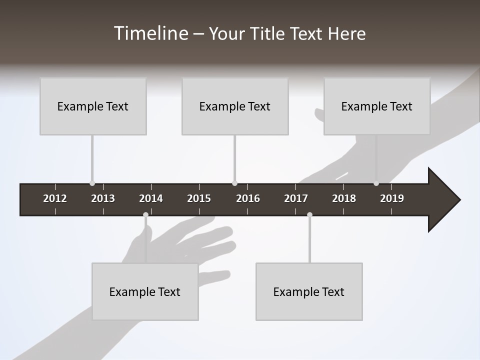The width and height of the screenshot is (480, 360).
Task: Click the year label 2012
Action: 55,198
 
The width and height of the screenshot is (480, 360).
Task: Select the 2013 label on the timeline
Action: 103,198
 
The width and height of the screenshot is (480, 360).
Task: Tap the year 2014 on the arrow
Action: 151,198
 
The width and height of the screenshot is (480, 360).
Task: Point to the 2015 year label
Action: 199,198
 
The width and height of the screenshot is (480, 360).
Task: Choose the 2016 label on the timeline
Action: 248,198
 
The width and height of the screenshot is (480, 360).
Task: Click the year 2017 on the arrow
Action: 296,198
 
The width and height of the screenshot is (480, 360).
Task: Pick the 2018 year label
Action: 344,198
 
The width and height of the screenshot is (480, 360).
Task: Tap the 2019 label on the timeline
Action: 392,198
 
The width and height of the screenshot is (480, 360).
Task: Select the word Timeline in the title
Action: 150,33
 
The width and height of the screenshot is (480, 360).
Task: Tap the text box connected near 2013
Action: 93,106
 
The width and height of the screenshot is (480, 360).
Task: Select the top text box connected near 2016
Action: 235,106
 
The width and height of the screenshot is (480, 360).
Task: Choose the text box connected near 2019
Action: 377,106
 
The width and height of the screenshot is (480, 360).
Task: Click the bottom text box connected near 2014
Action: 145,292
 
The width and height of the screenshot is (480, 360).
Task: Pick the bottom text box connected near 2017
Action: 309,292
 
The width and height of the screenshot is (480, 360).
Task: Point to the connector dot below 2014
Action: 145,215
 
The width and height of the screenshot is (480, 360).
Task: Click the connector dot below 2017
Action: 309,215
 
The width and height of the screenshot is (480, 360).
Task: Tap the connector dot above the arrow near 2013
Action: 92,183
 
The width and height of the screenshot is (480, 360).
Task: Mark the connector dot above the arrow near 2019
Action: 376,183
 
